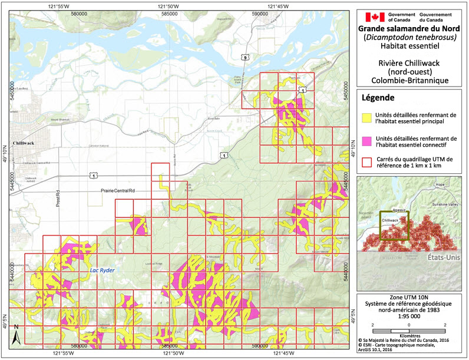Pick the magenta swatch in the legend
click(368, 141)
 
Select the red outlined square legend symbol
click(368, 161)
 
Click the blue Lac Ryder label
click(101, 270)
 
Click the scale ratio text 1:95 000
click(411, 316)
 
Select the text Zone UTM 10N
click(411, 297)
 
